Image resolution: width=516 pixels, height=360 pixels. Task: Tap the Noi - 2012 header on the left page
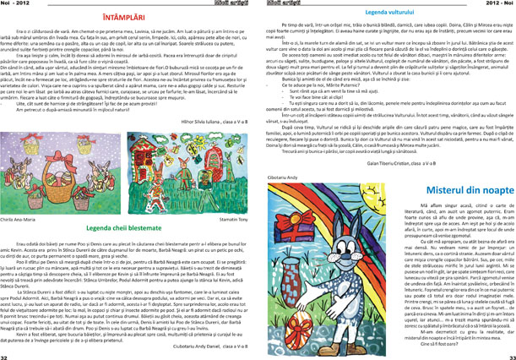16,4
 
